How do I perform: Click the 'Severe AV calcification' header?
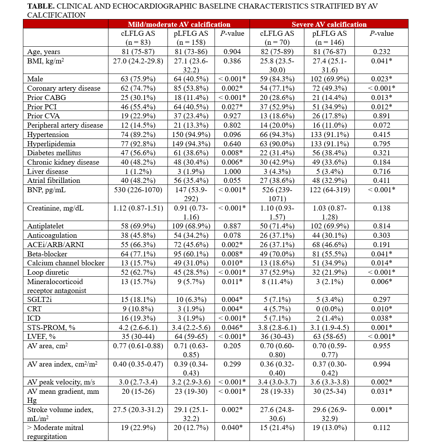329,24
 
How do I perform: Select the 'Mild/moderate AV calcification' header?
179,24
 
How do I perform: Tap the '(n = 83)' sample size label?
138,42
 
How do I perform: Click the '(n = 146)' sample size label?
330,42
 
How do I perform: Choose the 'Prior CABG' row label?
47,97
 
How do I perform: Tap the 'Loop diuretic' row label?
48,272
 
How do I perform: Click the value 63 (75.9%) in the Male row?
138,79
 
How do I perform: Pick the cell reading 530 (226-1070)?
138,190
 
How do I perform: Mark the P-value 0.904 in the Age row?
232,51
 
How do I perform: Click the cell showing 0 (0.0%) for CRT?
330,309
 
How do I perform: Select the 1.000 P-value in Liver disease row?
232,171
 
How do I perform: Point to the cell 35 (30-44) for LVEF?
138,337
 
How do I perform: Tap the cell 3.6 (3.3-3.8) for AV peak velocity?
330,382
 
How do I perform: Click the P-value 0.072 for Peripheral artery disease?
381,125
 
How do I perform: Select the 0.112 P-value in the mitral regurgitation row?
381,428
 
